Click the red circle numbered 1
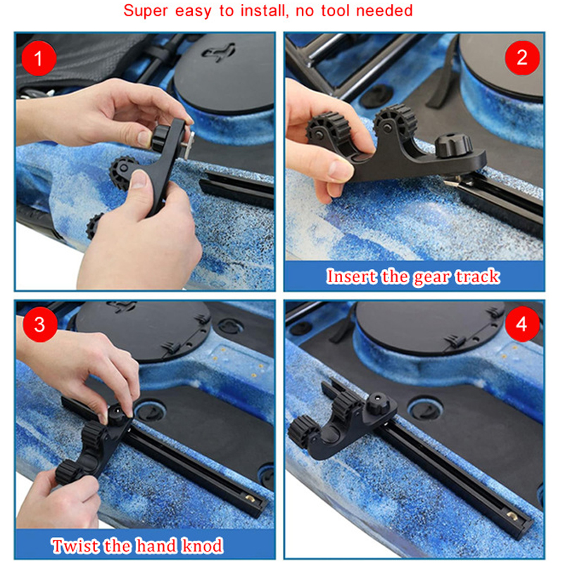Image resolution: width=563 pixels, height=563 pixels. click(x=39, y=58)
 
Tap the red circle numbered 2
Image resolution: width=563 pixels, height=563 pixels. click(x=522, y=58)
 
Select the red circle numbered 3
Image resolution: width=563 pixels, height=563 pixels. click(x=40, y=324)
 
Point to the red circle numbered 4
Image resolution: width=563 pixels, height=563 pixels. click(x=522, y=324)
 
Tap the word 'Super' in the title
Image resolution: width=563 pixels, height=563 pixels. click(x=146, y=11)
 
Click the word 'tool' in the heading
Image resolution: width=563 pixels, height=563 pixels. click(x=335, y=11)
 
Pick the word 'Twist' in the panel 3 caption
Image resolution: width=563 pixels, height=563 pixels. click(x=75, y=546)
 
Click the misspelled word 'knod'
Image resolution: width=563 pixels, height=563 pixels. click(x=203, y=546)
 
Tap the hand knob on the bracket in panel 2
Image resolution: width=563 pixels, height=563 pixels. click(x=453, y=145)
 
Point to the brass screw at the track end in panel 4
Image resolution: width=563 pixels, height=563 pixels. click(x=512, y=517)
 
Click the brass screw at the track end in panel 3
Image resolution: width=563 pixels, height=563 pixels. click(x=249, y=498)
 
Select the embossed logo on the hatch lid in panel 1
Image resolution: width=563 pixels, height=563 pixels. click(x=218, y=53)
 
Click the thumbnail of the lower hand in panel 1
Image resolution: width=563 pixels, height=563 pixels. click(x=139, y=179)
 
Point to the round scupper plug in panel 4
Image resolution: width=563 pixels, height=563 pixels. click(x=424, y=408)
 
